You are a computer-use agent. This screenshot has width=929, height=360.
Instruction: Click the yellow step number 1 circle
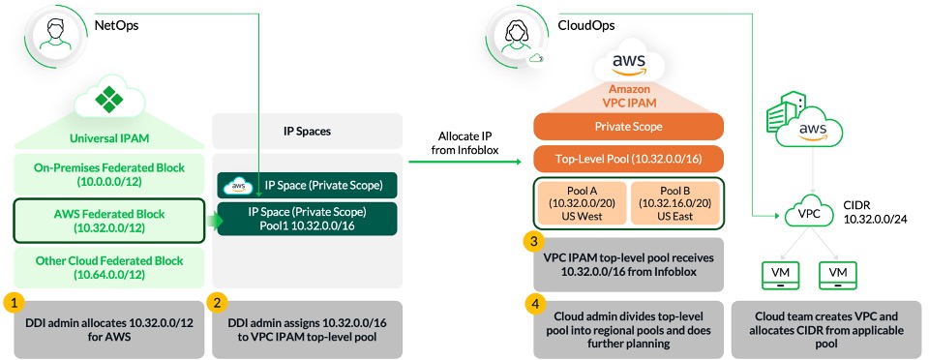point(13,302)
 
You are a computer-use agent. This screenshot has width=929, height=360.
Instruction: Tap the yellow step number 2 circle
point(220,302)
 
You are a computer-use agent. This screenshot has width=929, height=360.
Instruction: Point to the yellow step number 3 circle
point(531,241)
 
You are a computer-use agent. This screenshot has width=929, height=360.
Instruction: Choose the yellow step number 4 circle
point(531,303)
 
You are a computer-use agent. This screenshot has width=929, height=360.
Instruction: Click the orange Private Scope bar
point(628,126)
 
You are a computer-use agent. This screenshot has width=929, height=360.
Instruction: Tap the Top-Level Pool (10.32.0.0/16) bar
point(628,159)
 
